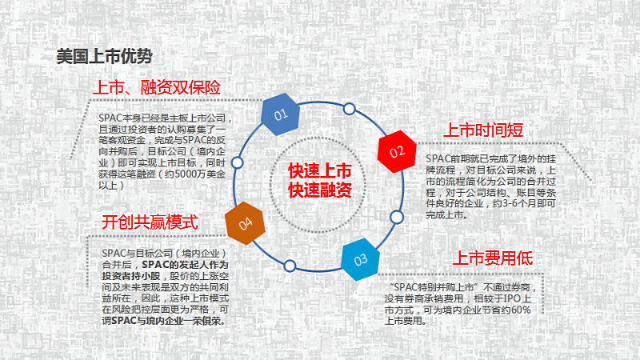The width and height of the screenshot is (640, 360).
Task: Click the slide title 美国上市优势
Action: (104, 56)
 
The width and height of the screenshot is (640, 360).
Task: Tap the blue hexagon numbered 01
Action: (281, 114)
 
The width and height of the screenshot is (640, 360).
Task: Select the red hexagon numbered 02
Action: (397, 151)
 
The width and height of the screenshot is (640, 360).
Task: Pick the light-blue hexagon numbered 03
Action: (361, 259)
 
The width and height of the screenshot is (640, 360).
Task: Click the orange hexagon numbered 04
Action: (245, 223)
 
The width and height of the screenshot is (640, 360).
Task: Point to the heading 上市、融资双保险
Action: (157, 87)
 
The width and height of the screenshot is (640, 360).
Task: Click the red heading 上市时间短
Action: (483, 130)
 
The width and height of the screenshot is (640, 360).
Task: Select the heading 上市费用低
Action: (493, 258)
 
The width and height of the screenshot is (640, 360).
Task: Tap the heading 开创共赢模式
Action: (150, 222)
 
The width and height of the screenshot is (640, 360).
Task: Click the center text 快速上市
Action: (319, 171)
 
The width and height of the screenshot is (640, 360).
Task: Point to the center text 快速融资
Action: (319, 190)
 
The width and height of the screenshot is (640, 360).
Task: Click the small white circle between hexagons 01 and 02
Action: (349, 109)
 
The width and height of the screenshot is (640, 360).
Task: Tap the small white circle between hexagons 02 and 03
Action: (396, 217)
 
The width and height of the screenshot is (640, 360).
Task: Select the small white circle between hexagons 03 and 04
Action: (290, 266)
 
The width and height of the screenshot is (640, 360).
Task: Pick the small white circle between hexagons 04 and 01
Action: (237, 162)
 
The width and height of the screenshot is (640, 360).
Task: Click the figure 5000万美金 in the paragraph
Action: (200, 174)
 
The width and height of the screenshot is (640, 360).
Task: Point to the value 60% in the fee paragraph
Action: (521, 310)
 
